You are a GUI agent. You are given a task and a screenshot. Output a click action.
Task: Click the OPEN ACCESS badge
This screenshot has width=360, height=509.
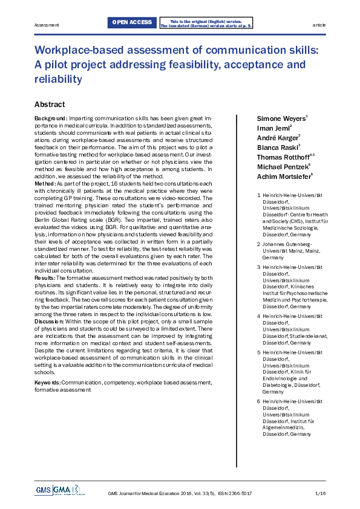click(x=131, y=23)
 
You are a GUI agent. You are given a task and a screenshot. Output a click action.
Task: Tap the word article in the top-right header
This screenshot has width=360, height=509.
click(x=319, y=25)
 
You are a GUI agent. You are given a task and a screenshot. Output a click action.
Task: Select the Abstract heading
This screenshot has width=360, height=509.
click(x=50, y=104)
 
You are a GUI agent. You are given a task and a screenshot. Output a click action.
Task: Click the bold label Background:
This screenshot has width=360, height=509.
click(x=51, y=117)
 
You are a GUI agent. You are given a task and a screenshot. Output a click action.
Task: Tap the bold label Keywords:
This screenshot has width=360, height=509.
click(x=47, y=383)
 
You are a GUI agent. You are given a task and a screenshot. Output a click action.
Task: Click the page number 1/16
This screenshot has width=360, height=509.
click(x=321, y=494)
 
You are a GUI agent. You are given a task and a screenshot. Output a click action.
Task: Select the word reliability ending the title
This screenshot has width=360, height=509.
click(x=58, y=79)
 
